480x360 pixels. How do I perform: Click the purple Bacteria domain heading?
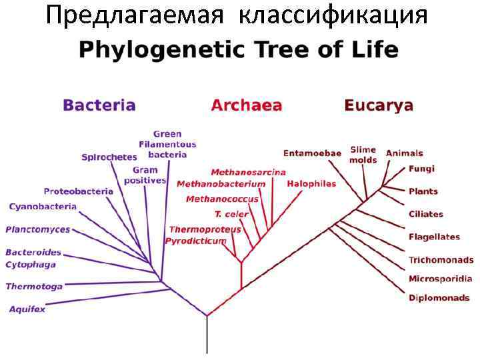pyautogui.click(x=99, y=105)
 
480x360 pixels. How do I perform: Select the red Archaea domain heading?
pyautogui.click(x=246, y=105)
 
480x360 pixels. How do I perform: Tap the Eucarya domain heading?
pyautogui.click(x=378, y=105)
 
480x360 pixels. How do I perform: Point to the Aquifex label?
pyautogui.click(x=27, y=309)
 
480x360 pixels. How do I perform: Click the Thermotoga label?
pyautogui.click(x=34, y=287)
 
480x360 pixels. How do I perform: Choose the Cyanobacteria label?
pyautogui.click(x=43, y=207)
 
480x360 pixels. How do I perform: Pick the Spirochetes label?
pyautogui.click(x=109, y=157)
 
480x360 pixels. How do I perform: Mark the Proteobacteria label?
pyautogui.click(x=79, y=191)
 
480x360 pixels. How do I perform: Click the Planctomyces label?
pyautogui.click(x=37, y=230)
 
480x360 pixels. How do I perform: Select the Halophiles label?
pyautogui.click(x=311, y=183)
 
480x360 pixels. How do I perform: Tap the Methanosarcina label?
pyautogui.click(x=248, y=173)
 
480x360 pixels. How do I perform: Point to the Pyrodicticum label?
pyautogui.click(x=196, y=241)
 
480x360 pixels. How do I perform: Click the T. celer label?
pyautogui.click(x=231, y=214)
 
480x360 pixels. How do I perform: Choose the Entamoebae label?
pyautogui.click(x=312, y=153)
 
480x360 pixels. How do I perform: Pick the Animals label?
pyautogui.click(x=404, y=153)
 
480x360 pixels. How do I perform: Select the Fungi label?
pyautogui.click(x=421, y=169)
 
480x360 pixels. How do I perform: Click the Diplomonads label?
pyautogui.click(x=439, y=298)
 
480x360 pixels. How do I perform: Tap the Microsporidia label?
pyautogui.click(x=440, y=279)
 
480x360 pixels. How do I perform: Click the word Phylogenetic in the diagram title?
pyautogui.click(x=151, y=50)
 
